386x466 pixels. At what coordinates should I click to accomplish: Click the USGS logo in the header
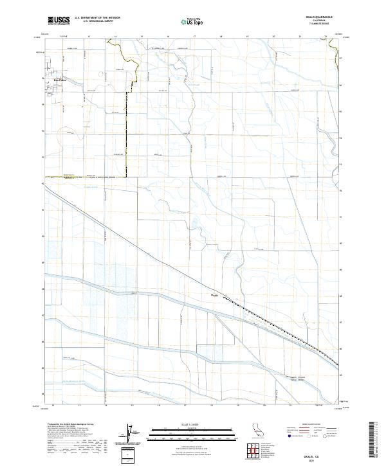tap(59, 21)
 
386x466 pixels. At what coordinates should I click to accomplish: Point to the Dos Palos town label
tap(59, 80)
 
